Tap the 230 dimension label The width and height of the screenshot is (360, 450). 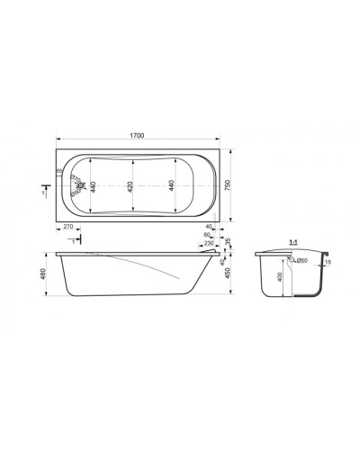pyautogui.click(x=209, y=243)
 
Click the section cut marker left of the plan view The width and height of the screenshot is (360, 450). pyautogui.click(x=43, y=191)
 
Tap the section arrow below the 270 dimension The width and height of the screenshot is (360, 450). pyautogui.click(x=75, y=240)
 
